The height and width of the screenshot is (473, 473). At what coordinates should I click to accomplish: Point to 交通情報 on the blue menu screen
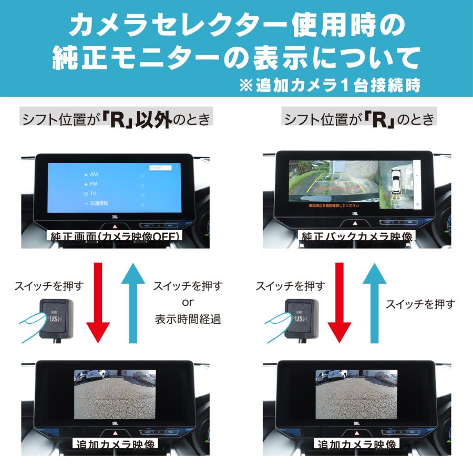point(98,203)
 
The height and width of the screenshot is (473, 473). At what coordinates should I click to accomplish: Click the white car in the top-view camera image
point(397,182)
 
